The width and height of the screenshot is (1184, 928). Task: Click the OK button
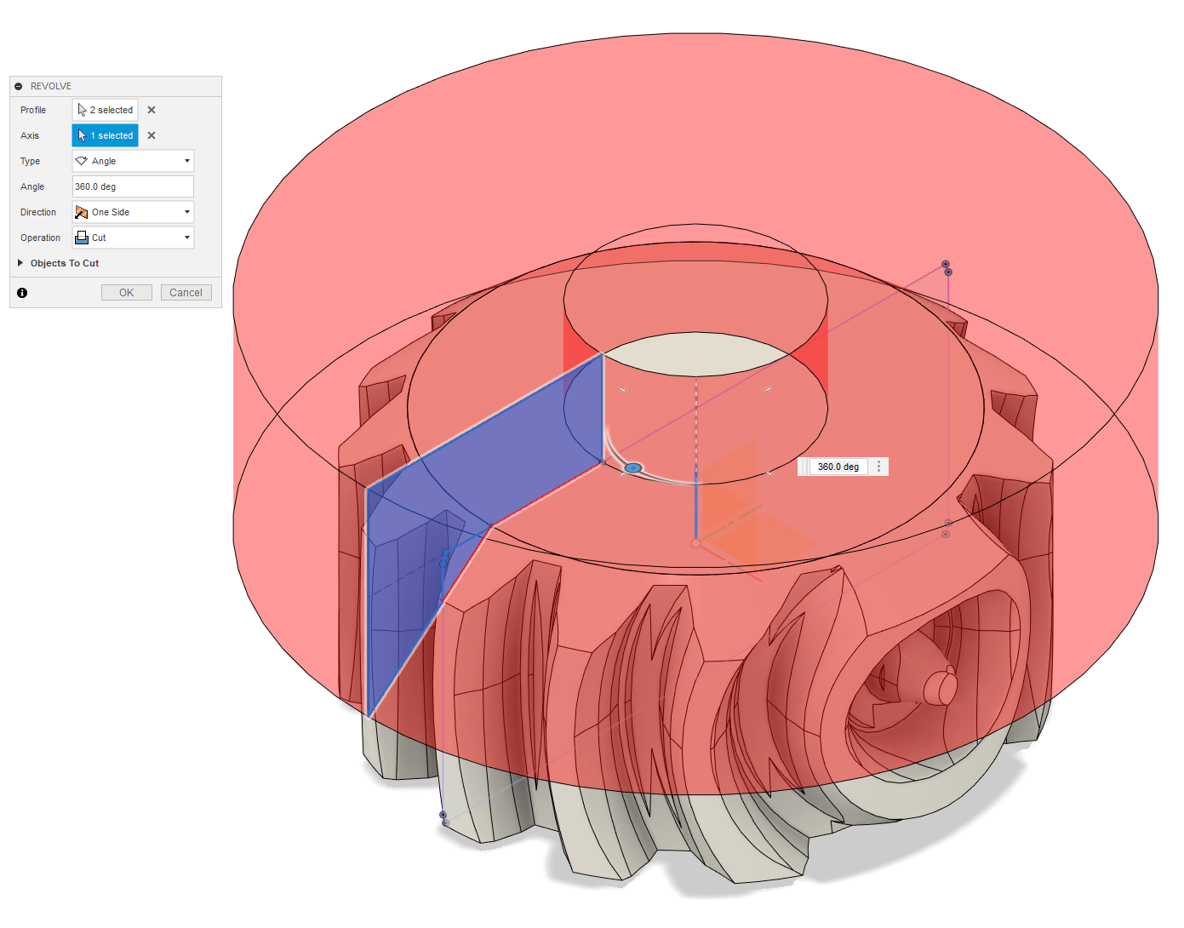click(126, 293)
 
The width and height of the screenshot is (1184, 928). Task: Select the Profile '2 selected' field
click(105, 110)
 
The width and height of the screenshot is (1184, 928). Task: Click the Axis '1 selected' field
click(105, 135)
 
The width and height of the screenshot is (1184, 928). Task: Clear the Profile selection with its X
click(152, 110)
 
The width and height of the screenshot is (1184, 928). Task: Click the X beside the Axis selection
click(152, 135)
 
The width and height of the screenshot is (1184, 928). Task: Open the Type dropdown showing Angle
click(133, 161)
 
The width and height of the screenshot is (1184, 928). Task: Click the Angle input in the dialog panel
click(133, 186)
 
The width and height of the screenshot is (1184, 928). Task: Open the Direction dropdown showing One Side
click(133, 212)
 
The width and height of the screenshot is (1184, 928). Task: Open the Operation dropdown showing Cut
click(133, 238)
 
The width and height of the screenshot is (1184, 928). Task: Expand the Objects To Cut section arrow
click(20, 263)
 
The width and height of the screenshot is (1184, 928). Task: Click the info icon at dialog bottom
click(22, 293)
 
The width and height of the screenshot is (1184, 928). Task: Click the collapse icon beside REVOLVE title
click(19, 86)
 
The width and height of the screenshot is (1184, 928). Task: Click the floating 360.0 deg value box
click(838, 467)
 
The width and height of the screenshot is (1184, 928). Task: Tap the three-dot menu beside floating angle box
click(879, 467)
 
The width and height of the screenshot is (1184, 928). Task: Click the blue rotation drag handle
click(632, 468)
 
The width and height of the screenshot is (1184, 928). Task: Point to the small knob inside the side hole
click(940, 686)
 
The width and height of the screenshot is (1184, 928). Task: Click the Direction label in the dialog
click(38, 212)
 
